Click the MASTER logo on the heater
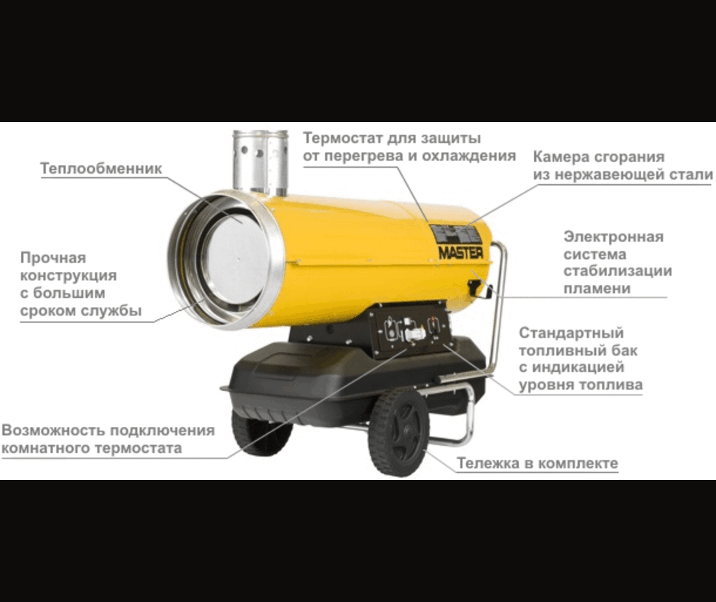460,252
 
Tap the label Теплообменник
101,169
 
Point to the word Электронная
614,237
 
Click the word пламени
597,289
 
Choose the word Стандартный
571,333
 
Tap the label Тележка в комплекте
538,463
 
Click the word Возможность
54,430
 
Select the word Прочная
53,258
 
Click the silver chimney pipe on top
260,162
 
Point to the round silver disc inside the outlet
237,259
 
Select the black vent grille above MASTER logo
457,235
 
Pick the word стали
692,175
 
